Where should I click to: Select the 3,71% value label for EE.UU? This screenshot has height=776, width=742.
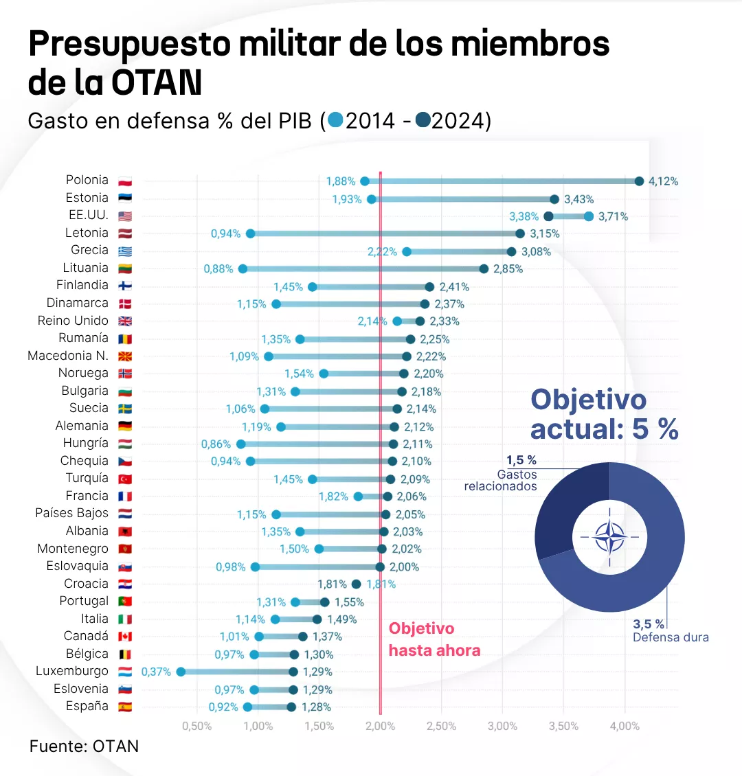613,216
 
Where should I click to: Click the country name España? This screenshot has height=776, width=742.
87,706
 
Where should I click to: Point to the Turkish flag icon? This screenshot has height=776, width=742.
125,479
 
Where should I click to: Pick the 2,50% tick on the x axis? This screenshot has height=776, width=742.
441,726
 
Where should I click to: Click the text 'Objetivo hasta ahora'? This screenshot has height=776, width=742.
434,639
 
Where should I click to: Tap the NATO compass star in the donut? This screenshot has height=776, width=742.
609,537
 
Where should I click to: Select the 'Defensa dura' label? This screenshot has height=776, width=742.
671,637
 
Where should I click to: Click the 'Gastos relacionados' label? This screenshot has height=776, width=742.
500,480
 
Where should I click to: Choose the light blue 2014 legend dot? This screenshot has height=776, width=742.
335,121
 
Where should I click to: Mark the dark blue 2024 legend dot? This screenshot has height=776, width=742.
423,121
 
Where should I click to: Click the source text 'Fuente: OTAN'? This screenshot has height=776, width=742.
84,746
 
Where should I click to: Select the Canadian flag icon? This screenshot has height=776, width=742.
125,637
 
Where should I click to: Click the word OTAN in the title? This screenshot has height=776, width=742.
157,83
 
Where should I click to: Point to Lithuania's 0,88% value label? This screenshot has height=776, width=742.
218,269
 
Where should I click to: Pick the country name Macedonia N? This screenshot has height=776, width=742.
68,356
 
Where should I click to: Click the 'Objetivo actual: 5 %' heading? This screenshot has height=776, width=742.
605,415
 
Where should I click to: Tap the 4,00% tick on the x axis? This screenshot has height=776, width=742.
625,726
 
